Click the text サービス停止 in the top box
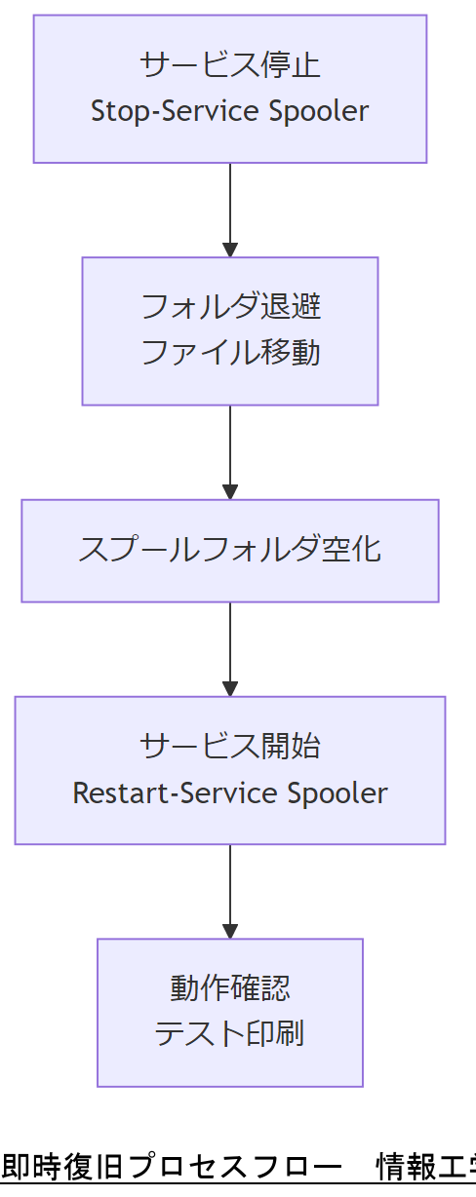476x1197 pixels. click(230, 65)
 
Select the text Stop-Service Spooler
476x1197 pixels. click(230, 111)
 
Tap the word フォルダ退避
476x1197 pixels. click(230, 307)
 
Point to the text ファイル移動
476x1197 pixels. click(230, 353)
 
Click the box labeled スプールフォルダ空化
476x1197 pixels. click(230, 550)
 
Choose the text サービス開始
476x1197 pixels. click(230, 746)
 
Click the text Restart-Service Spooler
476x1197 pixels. click(230, 792)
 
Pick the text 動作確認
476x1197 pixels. click(230, 988)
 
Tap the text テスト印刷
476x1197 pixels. click(230, 1034)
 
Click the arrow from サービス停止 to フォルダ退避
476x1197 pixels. click(230, 209)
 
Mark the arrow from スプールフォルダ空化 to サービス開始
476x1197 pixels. click(230, 648)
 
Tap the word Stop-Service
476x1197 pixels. click(151, 111)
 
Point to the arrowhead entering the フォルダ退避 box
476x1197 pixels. click(230, 250)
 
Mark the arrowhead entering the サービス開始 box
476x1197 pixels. click(230, 688)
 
